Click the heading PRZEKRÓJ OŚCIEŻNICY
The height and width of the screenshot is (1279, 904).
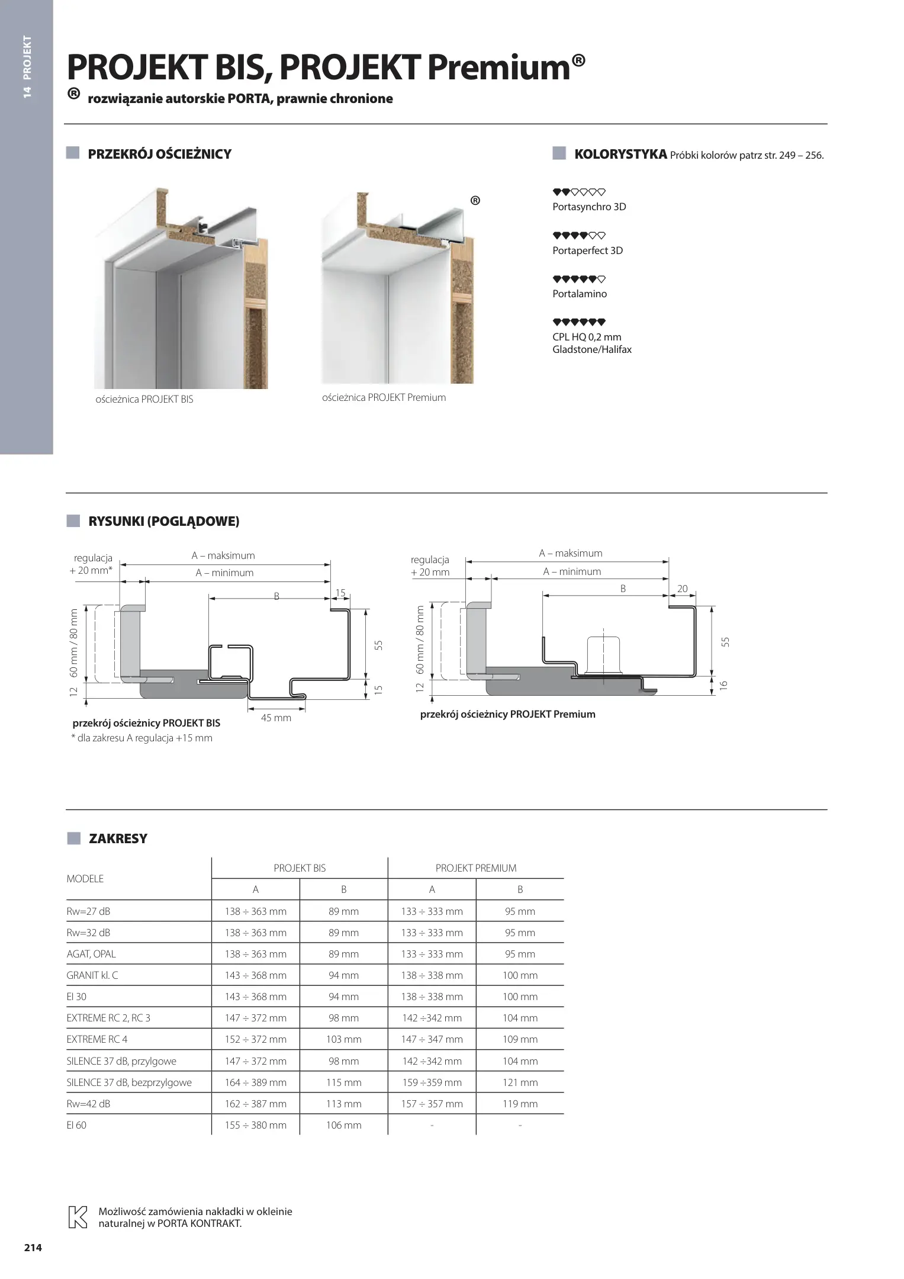coord(159,155)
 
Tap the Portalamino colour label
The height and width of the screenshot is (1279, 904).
coord(579,294)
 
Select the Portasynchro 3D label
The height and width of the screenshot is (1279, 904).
coord(588,207)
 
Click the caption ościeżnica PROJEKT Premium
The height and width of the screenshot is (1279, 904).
coord(384,397)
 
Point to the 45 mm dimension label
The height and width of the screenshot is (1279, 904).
coord(276,718)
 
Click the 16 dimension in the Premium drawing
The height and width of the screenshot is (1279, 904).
coord(723,685)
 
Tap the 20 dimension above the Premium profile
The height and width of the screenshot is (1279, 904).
coord(682,589)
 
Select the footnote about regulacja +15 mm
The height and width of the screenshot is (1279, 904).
coord(141,738)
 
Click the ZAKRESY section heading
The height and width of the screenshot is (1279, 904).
coord(118,838)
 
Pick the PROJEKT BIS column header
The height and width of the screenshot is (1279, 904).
coord(300,868)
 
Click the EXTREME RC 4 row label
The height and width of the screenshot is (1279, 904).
coord(97,1039)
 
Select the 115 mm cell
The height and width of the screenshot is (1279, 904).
coord(343,1082)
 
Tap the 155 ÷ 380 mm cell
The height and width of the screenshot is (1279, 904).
coord(255,1125)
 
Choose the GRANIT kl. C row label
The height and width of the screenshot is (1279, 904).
coord(92,975)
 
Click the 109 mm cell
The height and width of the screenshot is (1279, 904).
coord(520,1039)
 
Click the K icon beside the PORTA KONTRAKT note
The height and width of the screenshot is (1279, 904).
coord(79,1217)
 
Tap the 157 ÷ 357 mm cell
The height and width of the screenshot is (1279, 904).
coord(432,1104)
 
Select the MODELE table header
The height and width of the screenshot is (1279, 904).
coord(85,879)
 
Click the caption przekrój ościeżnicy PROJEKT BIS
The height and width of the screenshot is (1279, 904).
coord(146,723)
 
